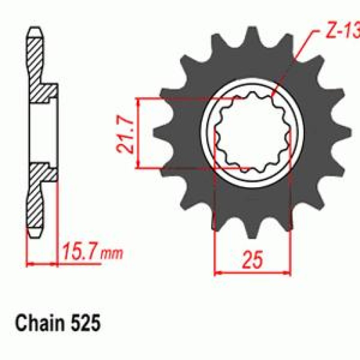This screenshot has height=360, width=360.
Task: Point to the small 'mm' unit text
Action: (112, 254)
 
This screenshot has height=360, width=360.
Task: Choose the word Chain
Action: (40, 323)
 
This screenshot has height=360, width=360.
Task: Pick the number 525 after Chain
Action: (85, 323)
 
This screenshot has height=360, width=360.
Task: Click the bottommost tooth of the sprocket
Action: (252, 229)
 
